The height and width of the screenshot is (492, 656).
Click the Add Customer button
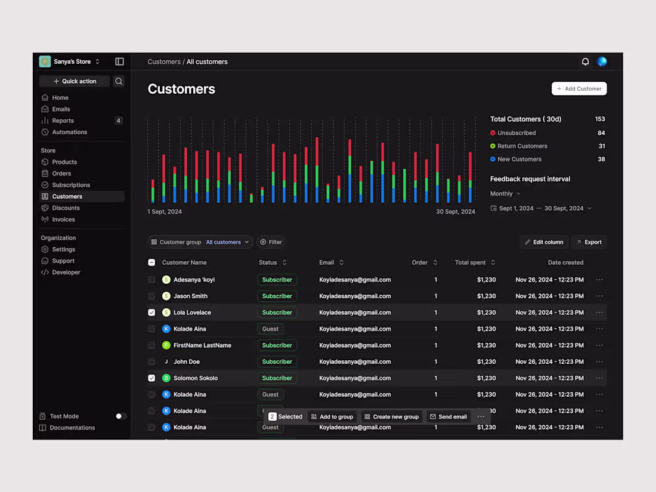coord(579,89)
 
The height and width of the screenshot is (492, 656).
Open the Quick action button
coord(75,81)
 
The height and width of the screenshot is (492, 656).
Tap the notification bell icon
coord(585,61)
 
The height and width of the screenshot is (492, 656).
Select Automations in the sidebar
coord(69,132)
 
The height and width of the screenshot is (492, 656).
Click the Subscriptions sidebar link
coord(70,185)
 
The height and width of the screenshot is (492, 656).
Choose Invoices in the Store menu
coord(63,219)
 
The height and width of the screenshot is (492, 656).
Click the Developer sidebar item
coord(66,272)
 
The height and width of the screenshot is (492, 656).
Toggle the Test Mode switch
coord(120,416)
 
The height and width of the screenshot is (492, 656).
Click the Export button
coord(589,242)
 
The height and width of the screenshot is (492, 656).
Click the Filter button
coord(271,242)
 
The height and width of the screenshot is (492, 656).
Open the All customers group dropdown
coord(227,242)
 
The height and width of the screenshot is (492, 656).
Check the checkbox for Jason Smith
coord(151,296)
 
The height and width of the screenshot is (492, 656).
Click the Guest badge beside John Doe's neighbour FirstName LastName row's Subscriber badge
coord(277,345)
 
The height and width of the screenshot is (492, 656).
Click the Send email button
coord(448,417)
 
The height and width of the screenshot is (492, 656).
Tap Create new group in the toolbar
coord(391,417)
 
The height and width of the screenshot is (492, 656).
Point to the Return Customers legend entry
coord(522,146)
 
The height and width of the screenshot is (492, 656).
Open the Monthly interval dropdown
coord(505,194)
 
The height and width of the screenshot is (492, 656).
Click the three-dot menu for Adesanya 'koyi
coord(599,280)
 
